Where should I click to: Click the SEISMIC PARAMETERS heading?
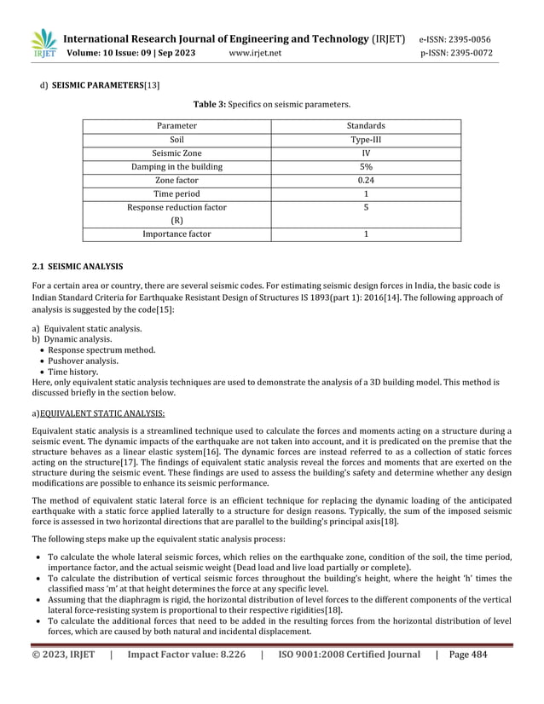coord(101,84)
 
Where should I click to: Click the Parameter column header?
coord(177,126)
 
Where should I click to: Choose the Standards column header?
coord(366,126)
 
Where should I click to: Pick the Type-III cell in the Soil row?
coord(366,140)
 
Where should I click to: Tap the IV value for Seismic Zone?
coord(366,153)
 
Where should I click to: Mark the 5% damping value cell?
coord(366,167)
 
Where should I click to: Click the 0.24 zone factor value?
coord(366,181)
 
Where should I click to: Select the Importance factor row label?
coord(177,234)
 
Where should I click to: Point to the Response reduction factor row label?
coord(177,208)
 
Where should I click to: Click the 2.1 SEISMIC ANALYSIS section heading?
coord(78,266)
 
